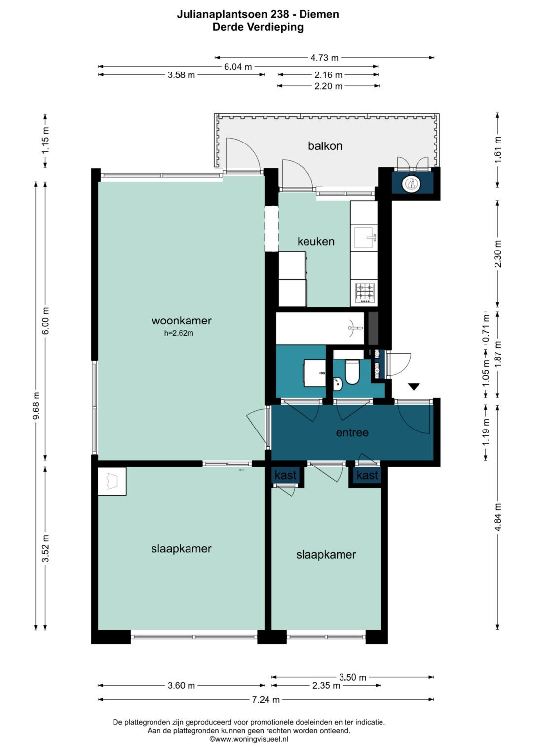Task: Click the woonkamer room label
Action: (x=182, y=321)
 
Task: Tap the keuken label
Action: (x=316, y=241)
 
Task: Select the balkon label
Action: (x=325, y=146)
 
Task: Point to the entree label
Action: (x=352, y=432)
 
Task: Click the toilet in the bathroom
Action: (x=352, y=372)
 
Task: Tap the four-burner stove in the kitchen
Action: (x=365, y=292)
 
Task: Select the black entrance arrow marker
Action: (x=414, y=387)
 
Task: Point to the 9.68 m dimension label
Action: (x=37, y=405)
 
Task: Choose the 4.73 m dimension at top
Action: (x=324, y=58)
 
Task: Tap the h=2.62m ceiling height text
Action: (x=179, y=333)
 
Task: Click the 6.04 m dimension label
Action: (x=238, y=67)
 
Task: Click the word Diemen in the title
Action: (x=319, y=14)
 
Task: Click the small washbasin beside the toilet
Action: (x=338, y=384)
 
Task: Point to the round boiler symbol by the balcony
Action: (x=411, y=184)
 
